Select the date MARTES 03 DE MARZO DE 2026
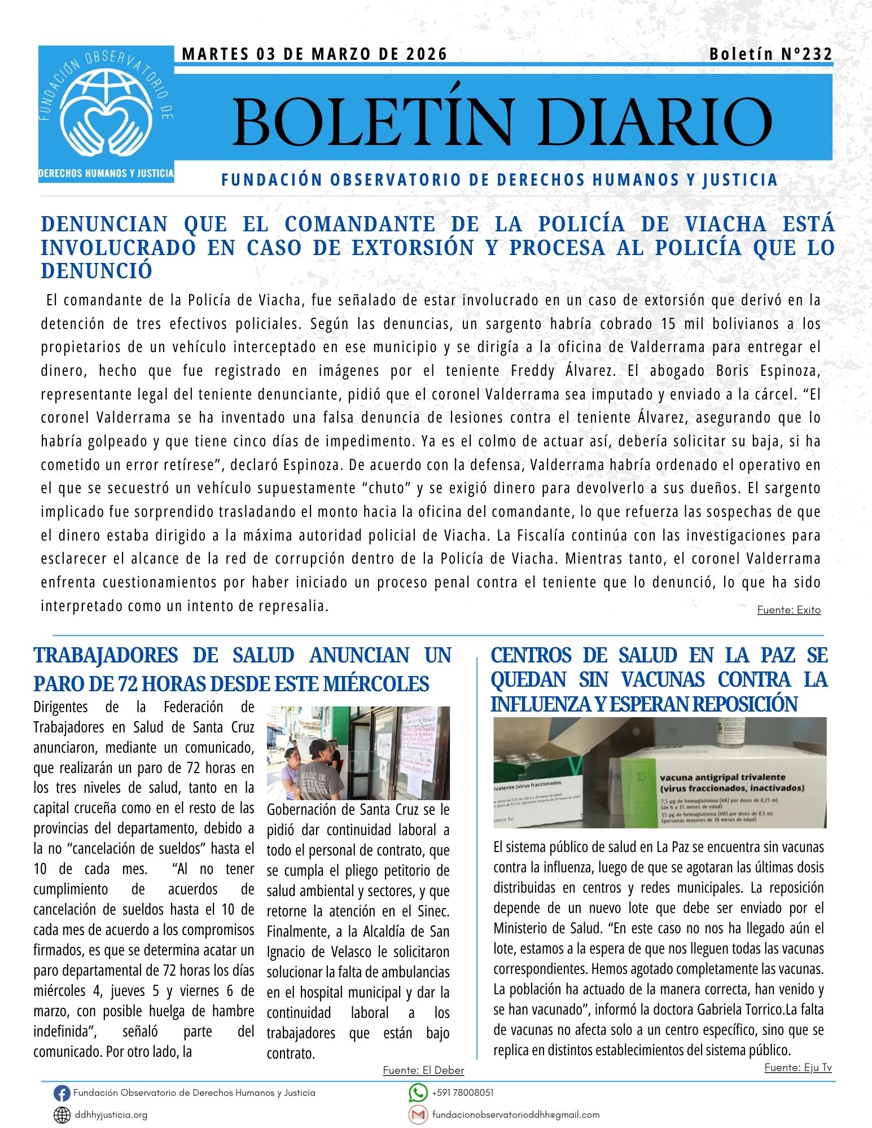[x=314, y=54]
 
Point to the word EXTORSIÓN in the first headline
[x=413, y=248]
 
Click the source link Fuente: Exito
[x=788, y=610]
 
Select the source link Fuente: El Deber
[x=423, y=1070]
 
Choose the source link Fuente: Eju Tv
[x=797, y=1068]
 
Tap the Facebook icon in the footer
[x=62, y=1094]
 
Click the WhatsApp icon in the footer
[x=418, y=1093]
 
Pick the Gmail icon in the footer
[x=418, y=1115]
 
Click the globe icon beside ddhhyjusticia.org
[x=62, y=1115]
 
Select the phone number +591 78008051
[x=462, y=1093]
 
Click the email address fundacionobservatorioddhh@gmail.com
[x=515, y=1115]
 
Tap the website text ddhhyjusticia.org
[x=111, y=1115]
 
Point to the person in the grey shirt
[x=319, y=773]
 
